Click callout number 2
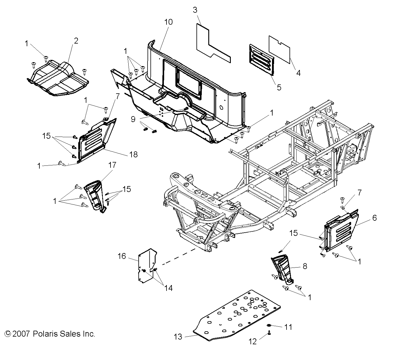(76, 41)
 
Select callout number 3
(195, 10)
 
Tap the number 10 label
(168, 22)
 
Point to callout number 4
(298, 73)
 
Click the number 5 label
(279, 87)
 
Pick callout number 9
(133, 119)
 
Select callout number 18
(134, 154)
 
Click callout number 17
(112, 165)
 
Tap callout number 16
(122, 256)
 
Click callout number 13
(178, 337)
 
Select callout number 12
(252, 342)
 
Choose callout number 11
(288, 327)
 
